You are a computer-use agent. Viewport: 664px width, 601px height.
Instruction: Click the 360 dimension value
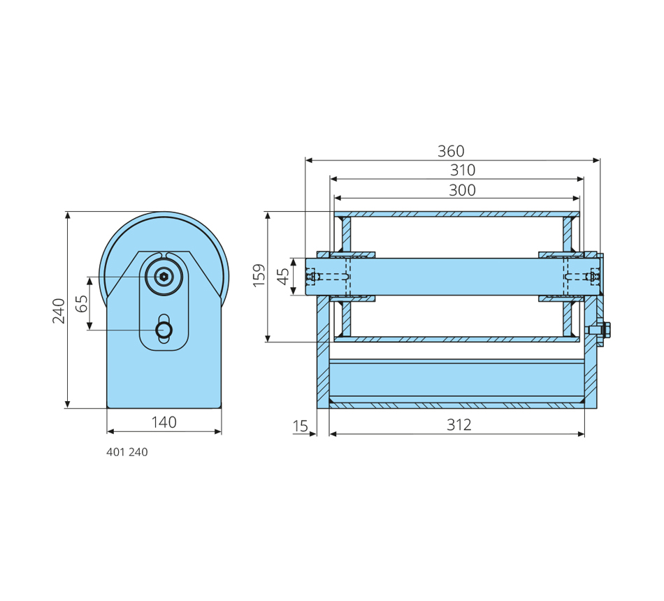[x=451, y=151]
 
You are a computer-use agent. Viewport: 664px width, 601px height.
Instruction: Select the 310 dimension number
[x=463, y=170]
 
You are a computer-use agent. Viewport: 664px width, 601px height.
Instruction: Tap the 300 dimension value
[x=462, y=190]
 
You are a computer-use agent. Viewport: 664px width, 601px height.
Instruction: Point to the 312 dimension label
[x=459, y=424]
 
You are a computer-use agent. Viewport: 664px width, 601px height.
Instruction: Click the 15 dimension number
[x=301, y=426]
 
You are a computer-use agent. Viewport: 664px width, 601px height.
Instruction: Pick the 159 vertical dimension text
[x=259, y=275]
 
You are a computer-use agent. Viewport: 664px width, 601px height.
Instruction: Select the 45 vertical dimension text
[x=283, y=277]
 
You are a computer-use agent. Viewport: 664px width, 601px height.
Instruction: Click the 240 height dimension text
[x=59, y=311]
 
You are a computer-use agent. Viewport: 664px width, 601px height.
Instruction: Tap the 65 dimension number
[x=82, y=303]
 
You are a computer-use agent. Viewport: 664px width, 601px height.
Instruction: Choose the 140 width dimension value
[x=164, y=422]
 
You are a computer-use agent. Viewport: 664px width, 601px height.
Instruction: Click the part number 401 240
[x=127, y=452]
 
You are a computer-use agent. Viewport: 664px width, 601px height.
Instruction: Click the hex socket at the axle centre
[x=164, y=277]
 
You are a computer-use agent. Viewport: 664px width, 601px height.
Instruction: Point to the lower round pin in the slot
[x=164, y=330]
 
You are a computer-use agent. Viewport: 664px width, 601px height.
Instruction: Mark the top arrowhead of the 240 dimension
[x=68, y=215]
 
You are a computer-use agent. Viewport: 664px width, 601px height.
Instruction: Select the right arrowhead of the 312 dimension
[x=581, y=434]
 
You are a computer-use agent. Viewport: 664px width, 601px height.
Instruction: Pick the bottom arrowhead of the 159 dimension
[x=268, y=338]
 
